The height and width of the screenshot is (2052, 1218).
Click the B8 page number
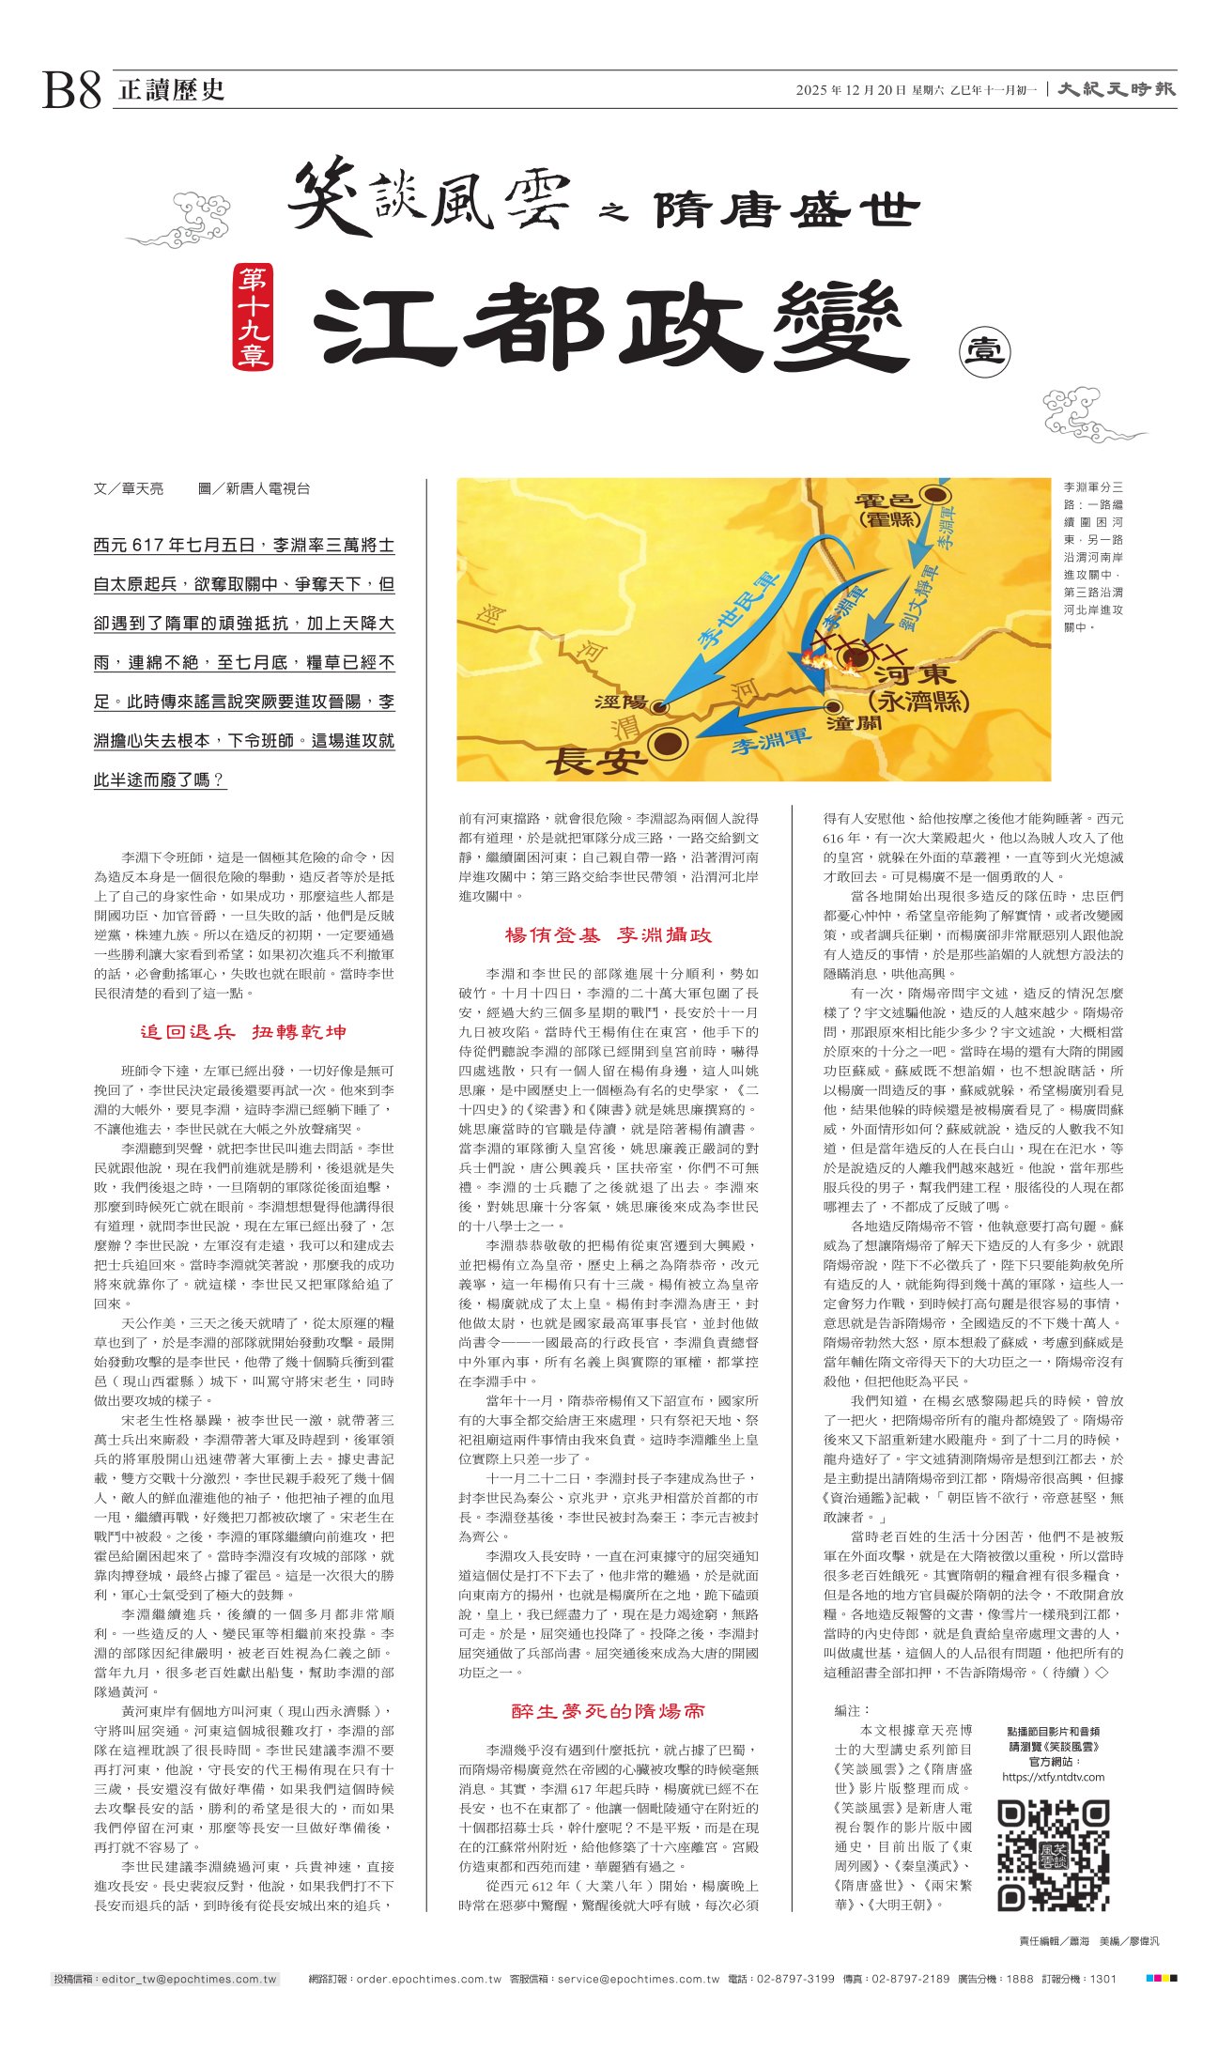71,91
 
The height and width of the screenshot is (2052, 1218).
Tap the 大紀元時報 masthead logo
1117,89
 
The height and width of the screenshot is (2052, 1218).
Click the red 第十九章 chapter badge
253,316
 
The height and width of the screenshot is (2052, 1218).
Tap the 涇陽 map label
620,702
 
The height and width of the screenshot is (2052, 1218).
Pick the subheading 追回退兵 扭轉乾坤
243,1032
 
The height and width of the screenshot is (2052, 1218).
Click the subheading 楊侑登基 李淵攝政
608,934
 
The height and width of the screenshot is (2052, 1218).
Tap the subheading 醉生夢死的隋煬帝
608,1711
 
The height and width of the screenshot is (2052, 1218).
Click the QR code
1052,1855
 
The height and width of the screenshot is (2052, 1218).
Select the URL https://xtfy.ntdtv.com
1053,1777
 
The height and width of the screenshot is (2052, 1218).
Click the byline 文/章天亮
129,488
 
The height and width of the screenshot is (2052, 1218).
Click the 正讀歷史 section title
172,90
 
